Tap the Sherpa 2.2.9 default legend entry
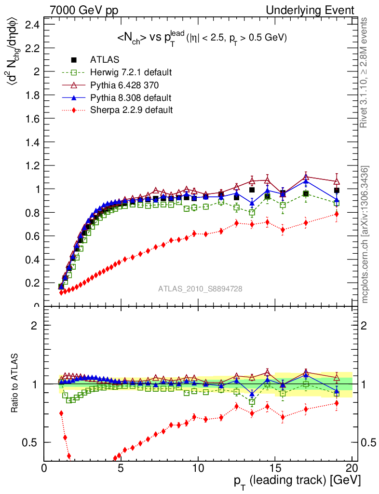click(x=131, y=110)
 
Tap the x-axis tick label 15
click(x=275, y=468)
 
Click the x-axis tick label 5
click(x=121, y=468)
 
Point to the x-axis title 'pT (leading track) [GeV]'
click(x=296, y=480)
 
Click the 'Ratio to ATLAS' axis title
click(x=15, y=384)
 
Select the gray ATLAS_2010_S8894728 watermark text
click(x=200, y=289)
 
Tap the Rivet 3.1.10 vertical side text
click(x=364, y=72)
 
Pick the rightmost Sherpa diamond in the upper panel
click(x=337, y=214)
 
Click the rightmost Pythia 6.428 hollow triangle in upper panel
click(x=337, y=181)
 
